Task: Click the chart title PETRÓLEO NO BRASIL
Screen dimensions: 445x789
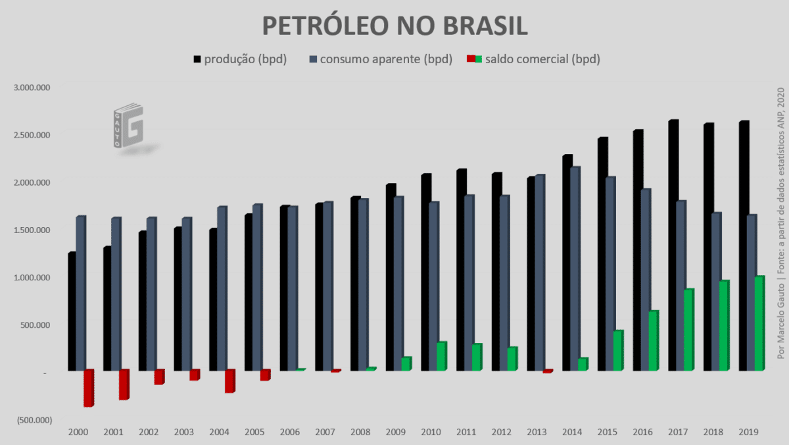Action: [x=394, y=26]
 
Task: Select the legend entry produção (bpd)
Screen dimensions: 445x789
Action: [x=240, y=59]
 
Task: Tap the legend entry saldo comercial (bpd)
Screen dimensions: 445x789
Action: [x=533, y=59]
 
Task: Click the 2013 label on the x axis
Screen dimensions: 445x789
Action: [x=537, y=432]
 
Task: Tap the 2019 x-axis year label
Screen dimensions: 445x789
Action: [x=748, y=432]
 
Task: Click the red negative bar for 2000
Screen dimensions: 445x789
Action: [x=88, y=388]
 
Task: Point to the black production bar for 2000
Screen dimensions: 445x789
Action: [x=72, y=311]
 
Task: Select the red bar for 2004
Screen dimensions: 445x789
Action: [x=229, y=381]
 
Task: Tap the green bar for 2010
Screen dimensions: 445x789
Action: [x=441, y=356]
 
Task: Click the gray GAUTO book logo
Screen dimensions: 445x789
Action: [x=128, y=125]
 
